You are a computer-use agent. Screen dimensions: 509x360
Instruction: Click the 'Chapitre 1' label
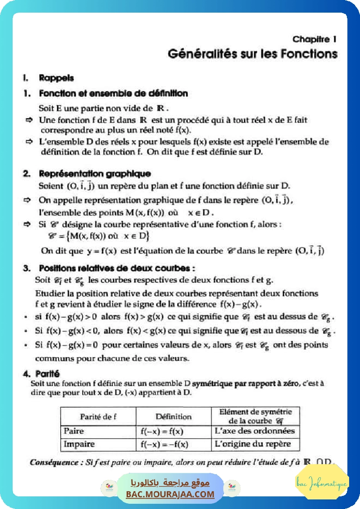coord(314,39)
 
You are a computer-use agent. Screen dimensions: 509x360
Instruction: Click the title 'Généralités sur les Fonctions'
coord(252,54)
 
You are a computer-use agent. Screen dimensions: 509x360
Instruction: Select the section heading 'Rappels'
coord(56,78)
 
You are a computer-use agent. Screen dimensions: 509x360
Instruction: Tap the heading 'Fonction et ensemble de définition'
coord(113,93)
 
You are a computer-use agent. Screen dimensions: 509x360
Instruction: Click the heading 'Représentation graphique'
coord(94,174)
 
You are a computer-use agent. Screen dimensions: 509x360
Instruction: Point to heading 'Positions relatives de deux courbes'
coord(116,268)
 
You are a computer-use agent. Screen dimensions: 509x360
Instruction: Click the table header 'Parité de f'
coord(98,416)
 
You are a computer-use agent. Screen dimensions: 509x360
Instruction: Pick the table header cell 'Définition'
coord(173,416)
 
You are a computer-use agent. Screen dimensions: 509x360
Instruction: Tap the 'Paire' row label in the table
coord(74,431)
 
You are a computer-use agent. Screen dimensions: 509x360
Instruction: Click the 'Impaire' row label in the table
coord(79,445)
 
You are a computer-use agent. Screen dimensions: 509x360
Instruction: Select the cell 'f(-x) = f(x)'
coord(162,431)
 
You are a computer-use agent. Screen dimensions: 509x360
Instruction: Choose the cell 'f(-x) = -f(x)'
coord(164,445)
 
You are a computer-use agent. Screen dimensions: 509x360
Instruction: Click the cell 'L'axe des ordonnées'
coord(255,431)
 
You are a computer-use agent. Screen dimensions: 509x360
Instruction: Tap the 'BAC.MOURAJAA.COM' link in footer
coord(170,494)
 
